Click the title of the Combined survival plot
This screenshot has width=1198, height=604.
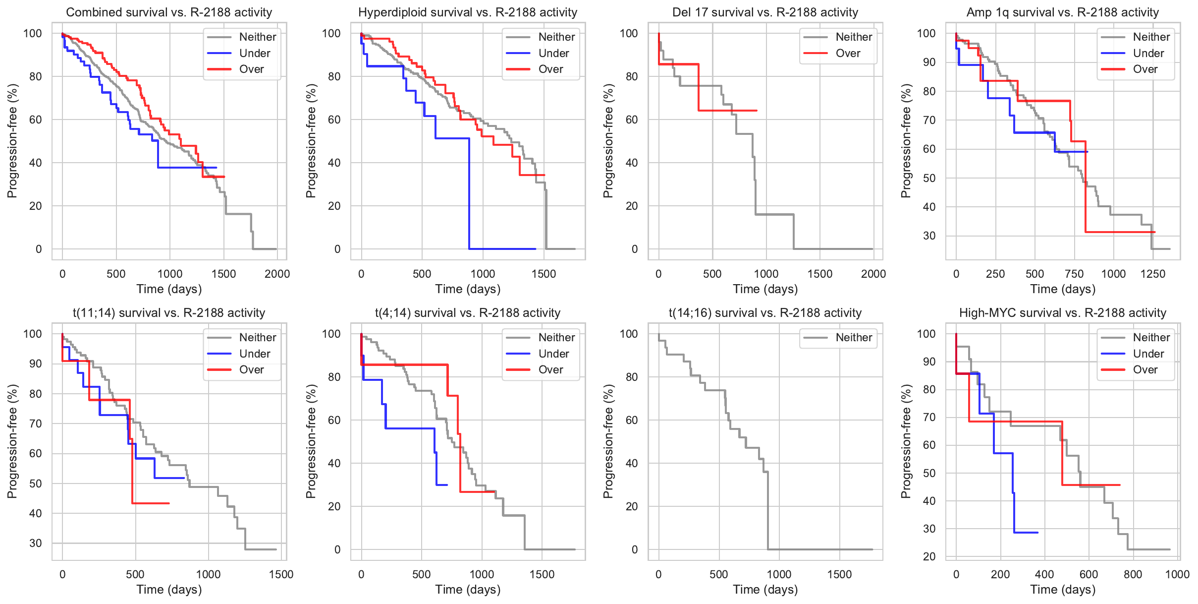pyautogui.click(x=169, y=12)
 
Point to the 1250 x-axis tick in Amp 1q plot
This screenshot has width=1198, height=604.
pyautogui.click(x=1153, y=274)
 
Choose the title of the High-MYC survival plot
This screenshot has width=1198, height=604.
pyautogui.click(x=1063, y=313)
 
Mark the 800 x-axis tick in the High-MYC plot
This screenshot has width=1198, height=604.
pyautogui.click(x=1133, y=574)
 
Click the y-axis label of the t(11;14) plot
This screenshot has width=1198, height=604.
pyautogui.click(x=12, y=441)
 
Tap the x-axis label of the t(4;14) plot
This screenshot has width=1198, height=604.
pyautogui.click(x=468, y=590)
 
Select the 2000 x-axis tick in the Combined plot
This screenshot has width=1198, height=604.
pyautogui.click(x=277, y=274)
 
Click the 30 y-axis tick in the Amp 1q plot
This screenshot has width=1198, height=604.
pyautogui.click(x=929, y=236)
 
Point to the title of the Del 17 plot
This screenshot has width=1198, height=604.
pyautogui.click(x=765, y=12)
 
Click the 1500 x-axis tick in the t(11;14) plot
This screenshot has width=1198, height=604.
pyautogui.click(x=281, y=574)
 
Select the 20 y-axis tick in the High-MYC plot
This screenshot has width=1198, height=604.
pyautogui.click(x=929, y=556)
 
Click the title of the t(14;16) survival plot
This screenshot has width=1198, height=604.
pyautogui.click(x=765, y=313)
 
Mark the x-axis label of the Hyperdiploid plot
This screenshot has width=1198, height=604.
pyautogui.click(x=468, y=289)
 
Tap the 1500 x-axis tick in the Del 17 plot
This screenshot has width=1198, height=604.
pyautogui.click(x=820, y=274)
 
